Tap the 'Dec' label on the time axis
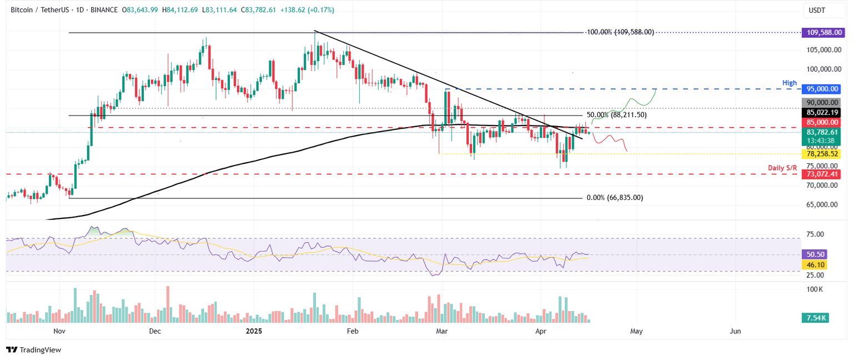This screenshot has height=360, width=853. coord(155,331)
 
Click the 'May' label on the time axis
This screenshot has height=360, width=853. coord(636,331)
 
